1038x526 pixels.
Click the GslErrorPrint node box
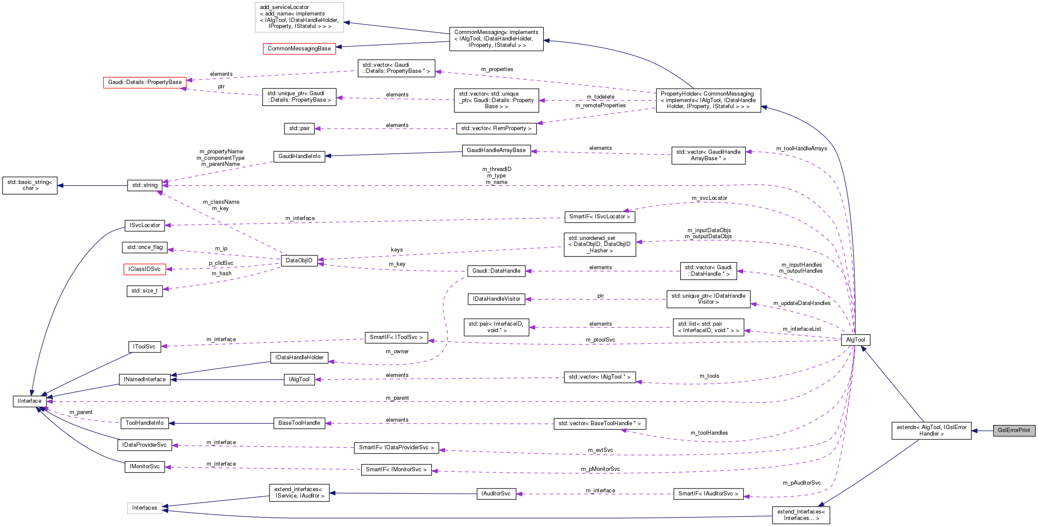[1013, 430]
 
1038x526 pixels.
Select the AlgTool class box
[855, 340]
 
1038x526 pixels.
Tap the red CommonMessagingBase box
[299, 49]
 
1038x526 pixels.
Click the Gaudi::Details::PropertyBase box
[145, 82]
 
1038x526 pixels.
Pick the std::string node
[145, 185]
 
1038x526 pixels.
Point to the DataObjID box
[299, 261]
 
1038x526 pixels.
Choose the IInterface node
[30, 401]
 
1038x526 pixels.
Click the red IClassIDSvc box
[144, 269]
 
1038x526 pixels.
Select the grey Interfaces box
[145, 508]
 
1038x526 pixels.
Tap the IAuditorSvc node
[496, 494]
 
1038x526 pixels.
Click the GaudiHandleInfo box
[299, 156]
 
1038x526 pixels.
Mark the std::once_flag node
[145, 247]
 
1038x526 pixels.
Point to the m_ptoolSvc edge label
[600, 340]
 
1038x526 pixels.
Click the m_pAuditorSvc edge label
[802, 483]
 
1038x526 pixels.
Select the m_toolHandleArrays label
[802, 149]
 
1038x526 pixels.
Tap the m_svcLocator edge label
[710, 198]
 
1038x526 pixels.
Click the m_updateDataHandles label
[802, 303]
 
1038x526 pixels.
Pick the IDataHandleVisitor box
[497, 299]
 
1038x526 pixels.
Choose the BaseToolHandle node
[299, 423]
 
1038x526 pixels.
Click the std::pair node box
[299, 128]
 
